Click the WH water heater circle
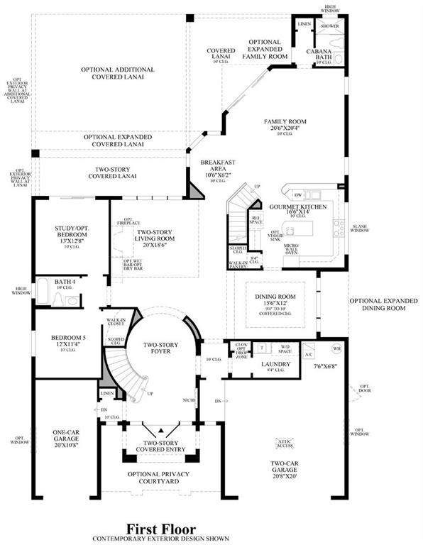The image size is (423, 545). (336, 348)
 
